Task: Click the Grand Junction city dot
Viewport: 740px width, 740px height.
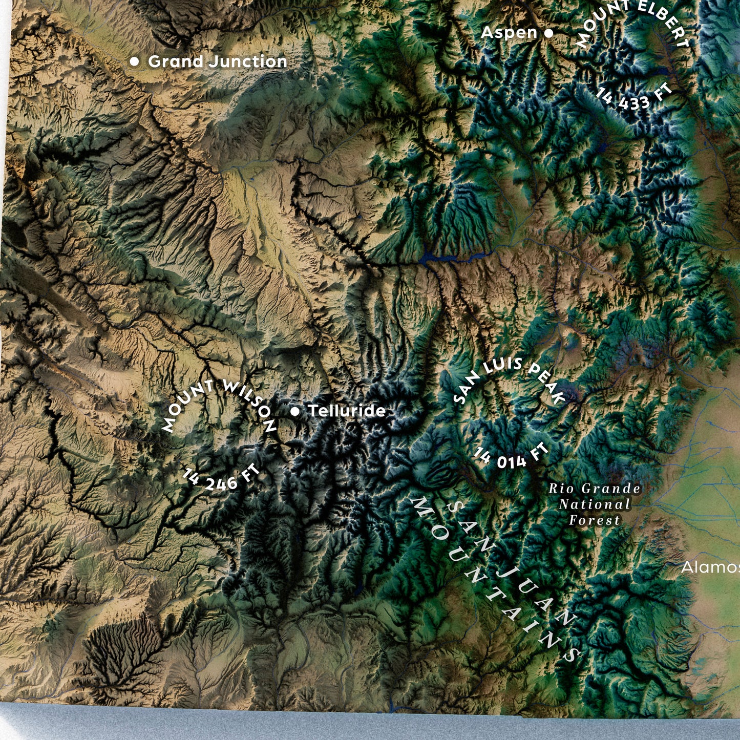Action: click(x=134, y=61)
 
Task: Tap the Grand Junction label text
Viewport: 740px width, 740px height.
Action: click(x=217, y=61)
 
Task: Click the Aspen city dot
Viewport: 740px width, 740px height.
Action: click(x=548, y=33)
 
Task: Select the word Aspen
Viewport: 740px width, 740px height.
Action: click(x=509, y=33)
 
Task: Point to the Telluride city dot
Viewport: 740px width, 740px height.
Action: click(x=295, y=411)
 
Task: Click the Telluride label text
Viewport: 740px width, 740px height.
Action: click(x=347, y=411)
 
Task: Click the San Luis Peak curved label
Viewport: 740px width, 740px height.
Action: click(x=510, y=377)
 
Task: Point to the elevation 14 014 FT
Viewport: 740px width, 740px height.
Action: click(x=510, y=457)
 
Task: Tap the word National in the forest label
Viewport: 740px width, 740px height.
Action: click(x=594, y=504)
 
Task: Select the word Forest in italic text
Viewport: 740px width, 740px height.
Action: click(x=594, y=521)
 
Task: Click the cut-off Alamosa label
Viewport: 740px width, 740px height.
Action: click(x=710, y=567)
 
